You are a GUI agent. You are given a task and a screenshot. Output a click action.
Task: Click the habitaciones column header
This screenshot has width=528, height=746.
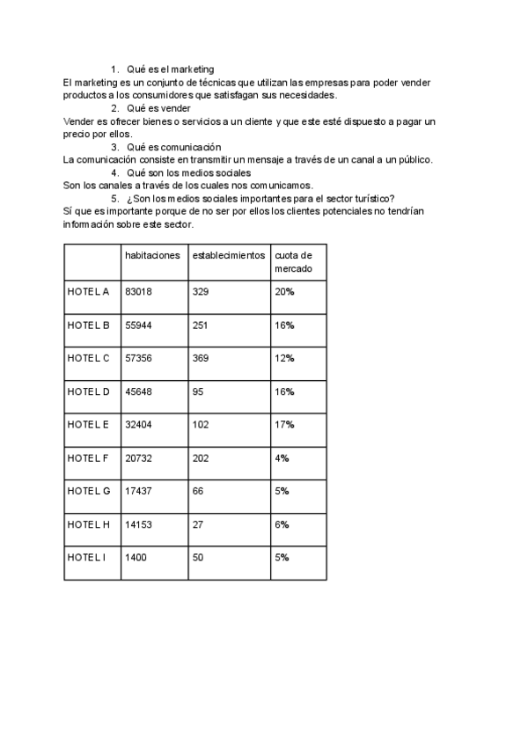[152, 255]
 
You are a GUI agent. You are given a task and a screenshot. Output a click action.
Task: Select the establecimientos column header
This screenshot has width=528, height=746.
[227, 255]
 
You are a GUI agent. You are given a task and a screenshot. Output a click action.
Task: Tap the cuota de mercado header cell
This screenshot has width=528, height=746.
[293, 262]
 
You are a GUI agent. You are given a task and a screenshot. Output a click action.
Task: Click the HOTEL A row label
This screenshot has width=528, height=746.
[88, 292]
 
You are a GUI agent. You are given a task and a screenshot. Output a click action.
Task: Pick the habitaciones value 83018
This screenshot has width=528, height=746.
[139, 292]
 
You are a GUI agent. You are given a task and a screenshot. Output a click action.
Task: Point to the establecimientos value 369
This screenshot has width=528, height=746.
[202, 358]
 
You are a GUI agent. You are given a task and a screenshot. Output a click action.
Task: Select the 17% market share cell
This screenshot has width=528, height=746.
[283, 425]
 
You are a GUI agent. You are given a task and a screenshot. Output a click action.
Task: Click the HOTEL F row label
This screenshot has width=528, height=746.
[88, 458]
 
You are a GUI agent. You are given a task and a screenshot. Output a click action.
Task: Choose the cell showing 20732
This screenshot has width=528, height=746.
[139, 458]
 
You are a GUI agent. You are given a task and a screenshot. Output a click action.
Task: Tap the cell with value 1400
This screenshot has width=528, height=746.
[136, 558]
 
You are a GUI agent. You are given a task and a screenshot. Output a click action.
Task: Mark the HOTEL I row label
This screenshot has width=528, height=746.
[86, 558]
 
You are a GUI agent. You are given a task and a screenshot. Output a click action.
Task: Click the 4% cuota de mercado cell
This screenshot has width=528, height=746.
[282, 458]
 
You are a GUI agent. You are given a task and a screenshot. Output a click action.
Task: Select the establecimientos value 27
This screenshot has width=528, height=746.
[198, 524]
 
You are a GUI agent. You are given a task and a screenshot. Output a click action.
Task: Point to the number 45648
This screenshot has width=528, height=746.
[139, 391]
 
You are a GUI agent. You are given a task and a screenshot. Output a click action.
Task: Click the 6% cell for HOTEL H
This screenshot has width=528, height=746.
[282, 524]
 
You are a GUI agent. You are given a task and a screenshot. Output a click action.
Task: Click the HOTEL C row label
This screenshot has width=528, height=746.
[88, 358]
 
